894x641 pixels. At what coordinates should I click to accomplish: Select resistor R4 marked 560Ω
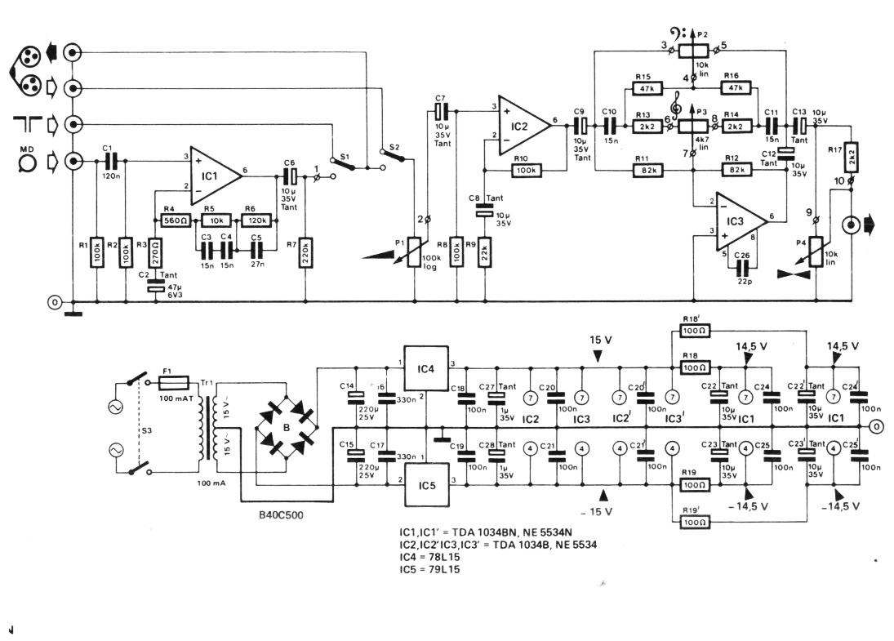(176, 220)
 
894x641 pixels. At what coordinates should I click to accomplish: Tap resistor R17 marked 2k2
(851, 156)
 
